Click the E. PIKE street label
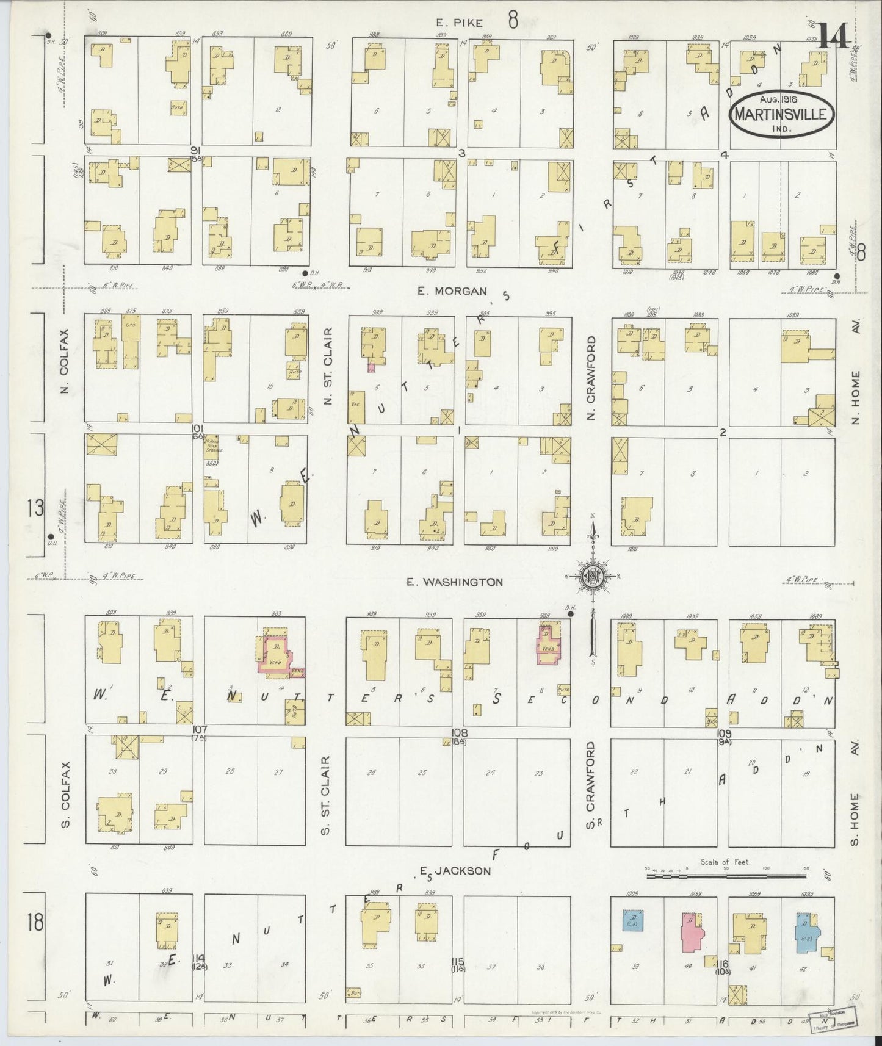[x=459, y=23]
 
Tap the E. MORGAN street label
[x=452, y=292]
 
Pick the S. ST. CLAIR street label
[x=326, y=796]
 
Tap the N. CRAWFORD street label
[x=590, y=378]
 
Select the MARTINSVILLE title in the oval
[x=783, y=114]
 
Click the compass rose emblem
[x=591, y=577]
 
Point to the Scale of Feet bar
[x=726, y=876]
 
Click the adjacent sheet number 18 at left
[x=35, y=922]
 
